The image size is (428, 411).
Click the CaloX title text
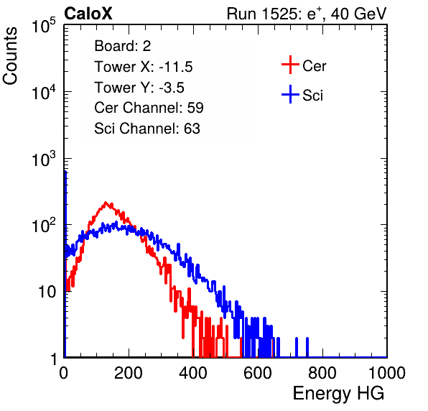coord(88,14)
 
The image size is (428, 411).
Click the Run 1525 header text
coord(307,14)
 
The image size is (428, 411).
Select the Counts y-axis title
coord(10,56)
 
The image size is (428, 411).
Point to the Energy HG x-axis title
coord(338,393)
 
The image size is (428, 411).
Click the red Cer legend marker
coord(290,65)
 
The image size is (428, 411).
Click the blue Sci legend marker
coord(290,95)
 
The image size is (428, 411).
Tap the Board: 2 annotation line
coord(123,46)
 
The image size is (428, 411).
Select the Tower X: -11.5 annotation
coord(144,67)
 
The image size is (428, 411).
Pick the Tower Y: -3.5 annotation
coord(139,88)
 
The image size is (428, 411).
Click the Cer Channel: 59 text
coord(149,108)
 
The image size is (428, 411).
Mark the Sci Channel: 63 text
coord(147,129)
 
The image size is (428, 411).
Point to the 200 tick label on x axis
coord(129,373)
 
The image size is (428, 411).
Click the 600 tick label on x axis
coord(258,373)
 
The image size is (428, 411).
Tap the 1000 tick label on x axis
coord(387,373)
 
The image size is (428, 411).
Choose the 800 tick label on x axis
coord(322,373)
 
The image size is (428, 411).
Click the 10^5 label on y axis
coord(44,25)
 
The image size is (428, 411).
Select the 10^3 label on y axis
coord(44,159)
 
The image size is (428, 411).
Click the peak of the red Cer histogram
coord(106,203)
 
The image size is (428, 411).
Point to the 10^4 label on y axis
coord(44,92)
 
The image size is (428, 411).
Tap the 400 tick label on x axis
coord(193,373)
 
